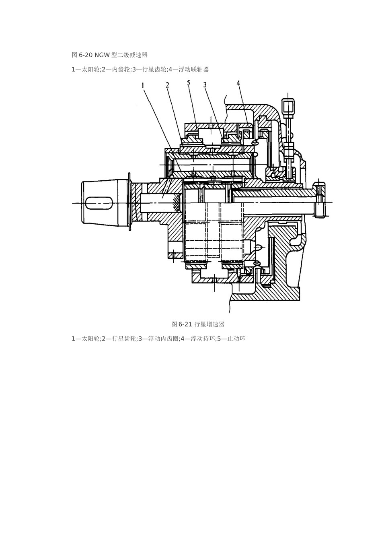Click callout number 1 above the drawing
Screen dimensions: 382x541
tap(143, 85)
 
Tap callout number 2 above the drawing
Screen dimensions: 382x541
tap(167, 85)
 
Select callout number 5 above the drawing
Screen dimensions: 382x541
tap(189, 83)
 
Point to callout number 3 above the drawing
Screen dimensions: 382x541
tap(205, 85)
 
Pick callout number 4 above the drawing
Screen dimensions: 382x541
tap(238, 83)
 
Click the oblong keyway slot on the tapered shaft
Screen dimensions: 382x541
tap(99, 203)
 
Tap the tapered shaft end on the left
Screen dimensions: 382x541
tap(105, 203)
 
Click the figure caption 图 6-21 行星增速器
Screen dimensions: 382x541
tap(198, 324)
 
